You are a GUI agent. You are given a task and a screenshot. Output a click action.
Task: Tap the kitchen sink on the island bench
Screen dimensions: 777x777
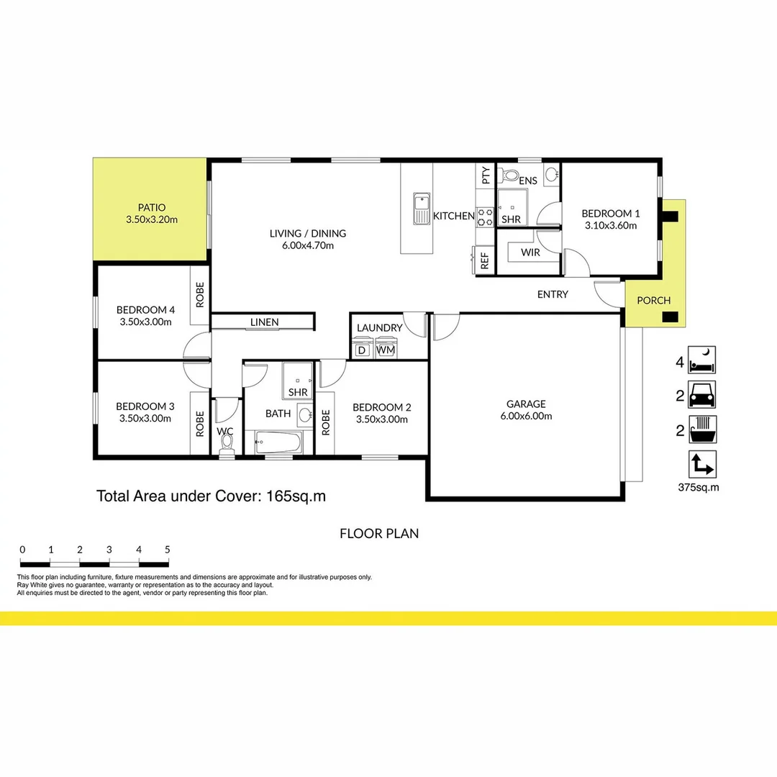[x=420, y=208]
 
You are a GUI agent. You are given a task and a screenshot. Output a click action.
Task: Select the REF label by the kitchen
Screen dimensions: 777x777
[x=484, y=261]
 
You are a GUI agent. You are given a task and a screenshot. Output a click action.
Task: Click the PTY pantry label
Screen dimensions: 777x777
[x=486, y=176]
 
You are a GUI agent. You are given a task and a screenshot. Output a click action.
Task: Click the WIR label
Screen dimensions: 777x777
[x=530, y=253]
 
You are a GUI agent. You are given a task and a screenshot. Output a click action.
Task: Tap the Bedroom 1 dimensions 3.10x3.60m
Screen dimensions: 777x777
[x=610, y=225]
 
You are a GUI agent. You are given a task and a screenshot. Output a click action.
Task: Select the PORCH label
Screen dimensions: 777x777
[x=653, y=301]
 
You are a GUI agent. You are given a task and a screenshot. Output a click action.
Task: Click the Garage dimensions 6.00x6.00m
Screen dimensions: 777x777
[x=525, y=416]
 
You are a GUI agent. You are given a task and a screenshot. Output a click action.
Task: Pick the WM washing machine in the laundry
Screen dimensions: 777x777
[x=386, y=350]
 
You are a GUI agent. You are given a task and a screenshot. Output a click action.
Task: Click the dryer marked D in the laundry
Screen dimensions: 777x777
[x=363, y=350]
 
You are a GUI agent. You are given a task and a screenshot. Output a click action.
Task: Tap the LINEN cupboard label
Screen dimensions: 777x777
[x=264, y=322]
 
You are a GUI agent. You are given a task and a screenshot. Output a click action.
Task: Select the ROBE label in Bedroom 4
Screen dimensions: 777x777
[x=200, y=294]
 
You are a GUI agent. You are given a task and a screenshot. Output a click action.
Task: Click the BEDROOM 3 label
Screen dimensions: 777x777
[x=145, y=406]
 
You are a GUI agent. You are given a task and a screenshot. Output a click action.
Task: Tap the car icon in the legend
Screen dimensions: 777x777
[x=701, y=395]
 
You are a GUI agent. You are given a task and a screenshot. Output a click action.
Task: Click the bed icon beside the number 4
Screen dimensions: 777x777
[x=701, y=360]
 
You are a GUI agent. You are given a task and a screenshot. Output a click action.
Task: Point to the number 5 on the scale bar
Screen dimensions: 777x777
[x=167, y=550]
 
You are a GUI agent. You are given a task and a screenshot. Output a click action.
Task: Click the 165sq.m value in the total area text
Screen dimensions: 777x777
[x=297, y=496]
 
